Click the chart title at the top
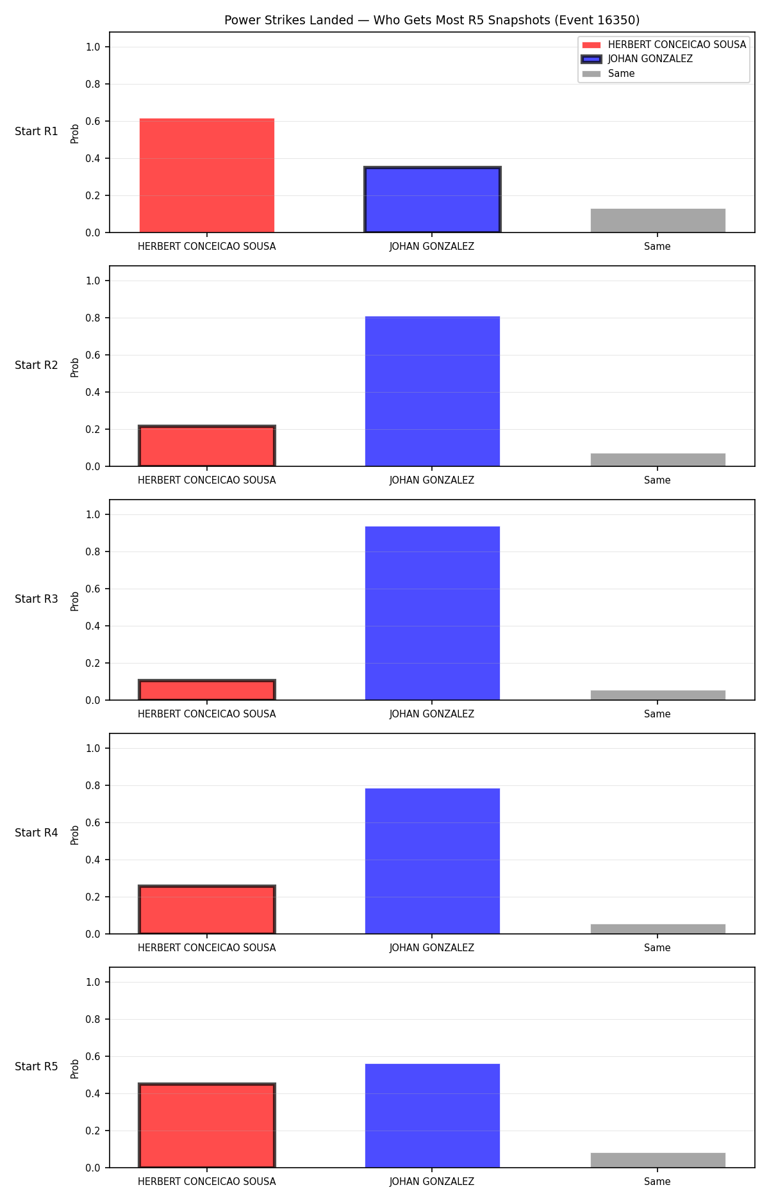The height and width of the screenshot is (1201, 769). click(432, 20)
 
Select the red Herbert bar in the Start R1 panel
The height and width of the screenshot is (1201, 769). click(207, 176)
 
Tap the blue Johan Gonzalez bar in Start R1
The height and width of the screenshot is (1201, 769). click(433, 200)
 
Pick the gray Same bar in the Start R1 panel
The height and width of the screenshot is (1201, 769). click(658, 221)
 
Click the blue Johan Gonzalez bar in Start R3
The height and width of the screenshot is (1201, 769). click(433, 613)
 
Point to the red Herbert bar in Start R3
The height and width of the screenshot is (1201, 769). click(207, 690)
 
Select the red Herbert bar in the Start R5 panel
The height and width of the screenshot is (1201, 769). click(207, 1125)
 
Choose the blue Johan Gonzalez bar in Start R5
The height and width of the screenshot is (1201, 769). click(433, 1116)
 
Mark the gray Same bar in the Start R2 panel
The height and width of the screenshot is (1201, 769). click(658, 460)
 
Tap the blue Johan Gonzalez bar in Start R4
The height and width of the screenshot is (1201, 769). click(433, 861)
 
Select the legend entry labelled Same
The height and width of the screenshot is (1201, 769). click(608, 74)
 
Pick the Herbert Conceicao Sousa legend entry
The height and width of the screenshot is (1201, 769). click(664, 45)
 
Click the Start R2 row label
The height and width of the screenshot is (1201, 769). click(37, 365)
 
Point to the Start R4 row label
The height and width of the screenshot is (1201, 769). click(37, 833)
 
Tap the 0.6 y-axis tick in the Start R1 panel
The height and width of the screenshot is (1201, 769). click(94, 121)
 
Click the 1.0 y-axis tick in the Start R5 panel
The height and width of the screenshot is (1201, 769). click(94, 982)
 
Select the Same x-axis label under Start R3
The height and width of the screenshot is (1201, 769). click(657, 714)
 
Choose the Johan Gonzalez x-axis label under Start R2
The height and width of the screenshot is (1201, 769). click(432, 480)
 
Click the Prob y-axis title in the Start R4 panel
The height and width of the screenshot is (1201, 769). click(75, 835)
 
